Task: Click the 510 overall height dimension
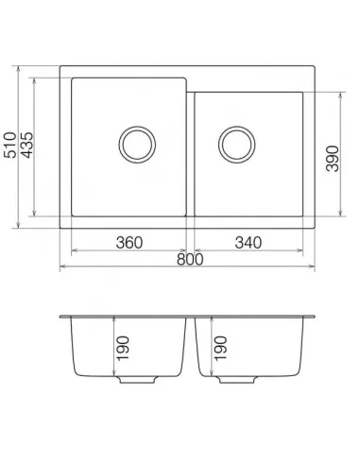[9, 146]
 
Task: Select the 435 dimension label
[26, 145]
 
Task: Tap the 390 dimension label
[332, 159]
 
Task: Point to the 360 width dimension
[129, 243]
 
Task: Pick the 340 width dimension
[248, 243]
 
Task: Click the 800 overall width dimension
[190, 259]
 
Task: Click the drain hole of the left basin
[137, 145]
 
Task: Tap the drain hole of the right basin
[237, 145]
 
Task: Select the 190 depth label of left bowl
[123, 348]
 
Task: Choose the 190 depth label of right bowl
[220, 348]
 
